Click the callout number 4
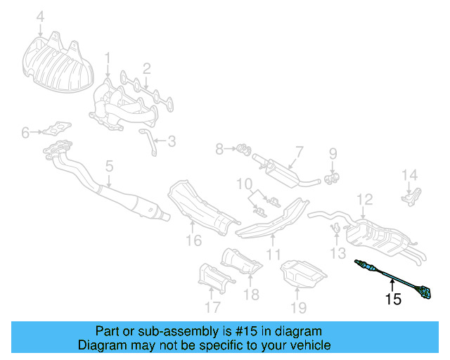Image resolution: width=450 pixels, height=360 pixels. pos(40,16)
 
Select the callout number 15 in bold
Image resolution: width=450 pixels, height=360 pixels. pos(392,300)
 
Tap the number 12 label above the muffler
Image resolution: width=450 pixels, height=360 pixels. pos(364,200)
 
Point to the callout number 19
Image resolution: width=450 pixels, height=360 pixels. pos(299,307)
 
